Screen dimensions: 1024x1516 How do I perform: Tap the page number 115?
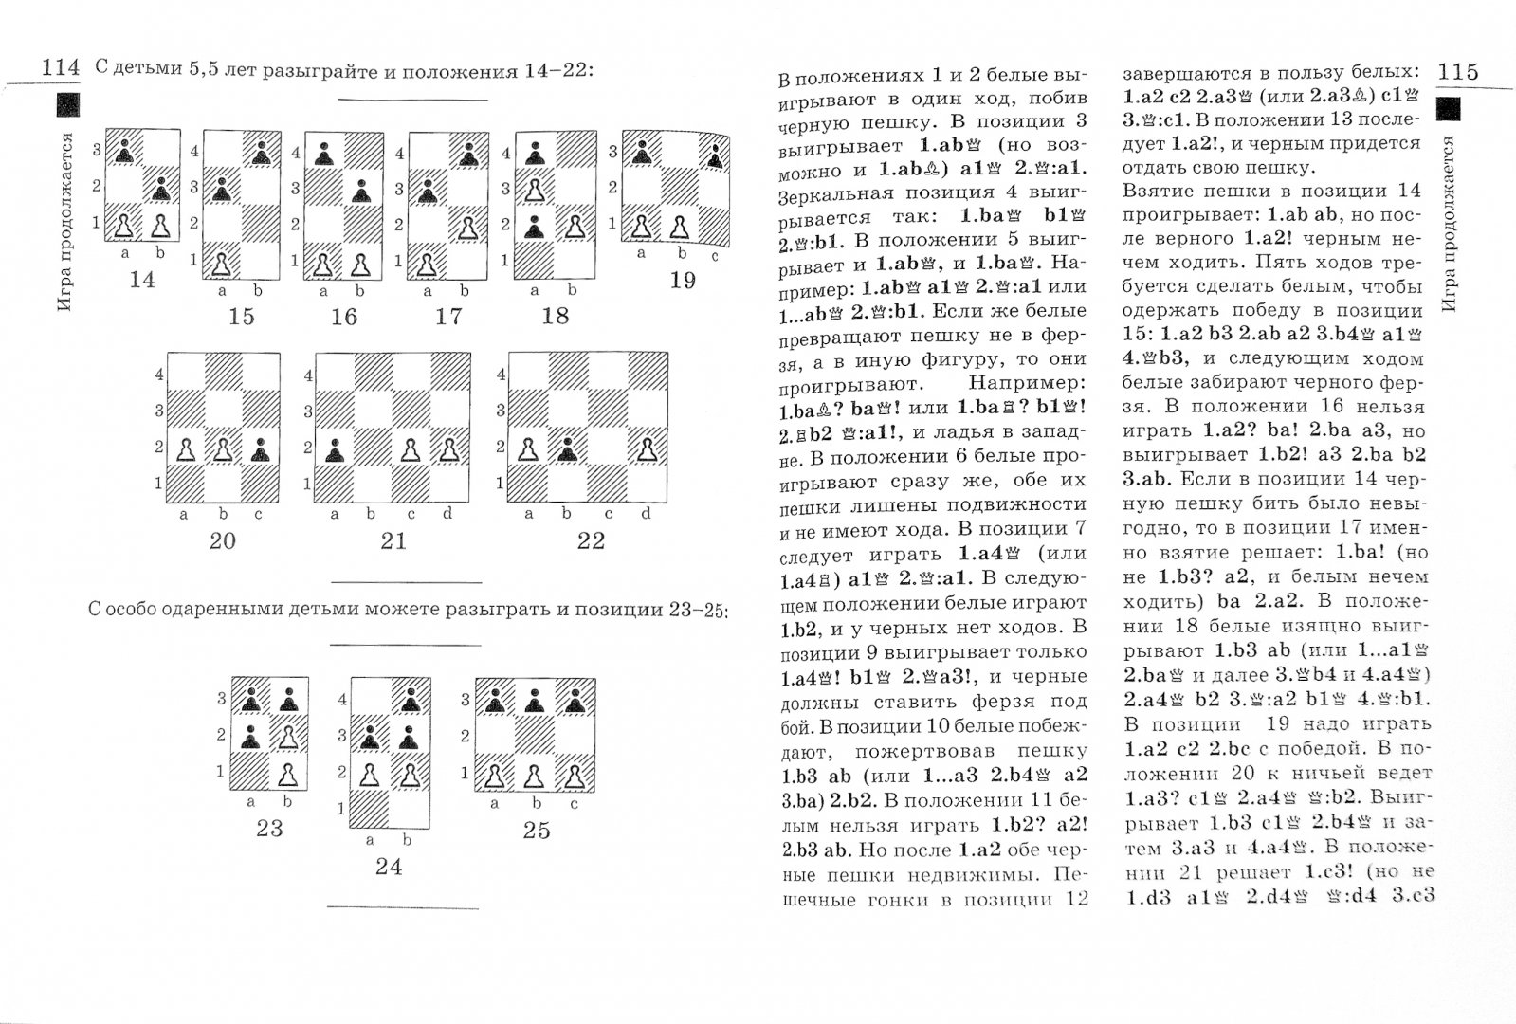click(1457, 71)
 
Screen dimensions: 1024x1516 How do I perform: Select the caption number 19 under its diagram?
click(682, 281)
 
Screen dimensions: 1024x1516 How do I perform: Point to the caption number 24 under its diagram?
click(389, 867)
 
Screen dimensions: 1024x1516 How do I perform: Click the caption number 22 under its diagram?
click(591, 540)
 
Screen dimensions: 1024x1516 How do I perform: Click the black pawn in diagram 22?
click(567, 448)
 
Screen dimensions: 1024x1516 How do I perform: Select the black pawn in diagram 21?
click(334, 449)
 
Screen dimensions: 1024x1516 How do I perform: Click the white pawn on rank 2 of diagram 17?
click(466, 228)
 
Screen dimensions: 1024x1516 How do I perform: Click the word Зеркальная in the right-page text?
click(824, 196)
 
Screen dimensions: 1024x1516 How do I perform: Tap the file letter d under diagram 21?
click(447, 514)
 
